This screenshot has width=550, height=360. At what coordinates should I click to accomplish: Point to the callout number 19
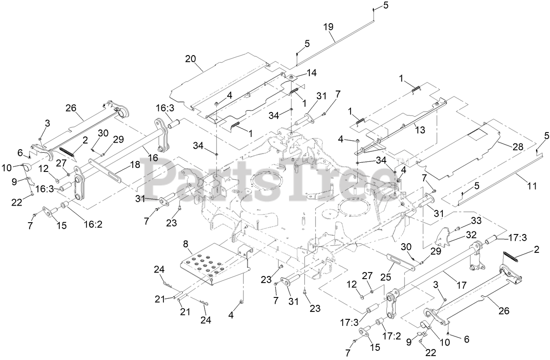pos(328,26)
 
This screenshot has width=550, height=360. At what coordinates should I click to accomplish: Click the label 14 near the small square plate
pos(312,73)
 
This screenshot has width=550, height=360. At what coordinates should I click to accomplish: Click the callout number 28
pos(518,147)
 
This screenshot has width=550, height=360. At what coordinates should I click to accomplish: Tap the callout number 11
pos(532,185)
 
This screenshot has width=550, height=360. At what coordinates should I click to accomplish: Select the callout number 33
pos(476,220)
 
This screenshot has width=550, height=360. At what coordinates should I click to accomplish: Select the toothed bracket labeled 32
pos(446,237)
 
